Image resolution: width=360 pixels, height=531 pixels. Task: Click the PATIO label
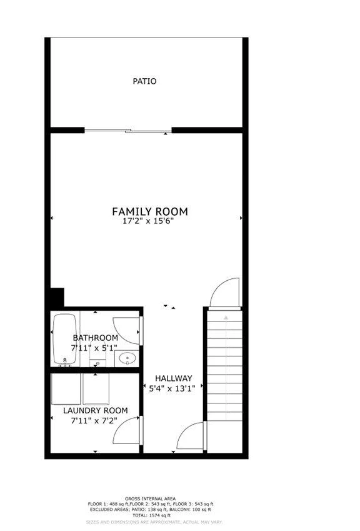(x=144, y=81)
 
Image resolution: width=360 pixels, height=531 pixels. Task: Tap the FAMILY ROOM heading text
(x=150, y=211)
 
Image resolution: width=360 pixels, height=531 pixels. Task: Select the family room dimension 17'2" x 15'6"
(x=150, y=222)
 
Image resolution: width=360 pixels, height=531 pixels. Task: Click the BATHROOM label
(x=96, y=338)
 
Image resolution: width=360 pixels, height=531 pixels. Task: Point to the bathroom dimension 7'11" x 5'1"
(x=94, y=348)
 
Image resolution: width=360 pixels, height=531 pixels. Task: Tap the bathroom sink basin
(x=127, y=358)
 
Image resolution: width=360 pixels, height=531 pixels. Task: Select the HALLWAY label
(x=174, y=378)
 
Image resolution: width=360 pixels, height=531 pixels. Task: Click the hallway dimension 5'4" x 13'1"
(x=172, y=388)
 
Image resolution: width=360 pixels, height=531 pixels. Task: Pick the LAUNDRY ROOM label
(x=96, y=410)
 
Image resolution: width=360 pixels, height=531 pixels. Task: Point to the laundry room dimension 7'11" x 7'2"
(x=94, y=421)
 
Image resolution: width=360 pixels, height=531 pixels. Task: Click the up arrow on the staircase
(x=226, y=317)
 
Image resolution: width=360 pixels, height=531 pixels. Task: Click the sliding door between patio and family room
(x=128, y=130)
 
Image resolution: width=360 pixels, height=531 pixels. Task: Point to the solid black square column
(x=57, y=297)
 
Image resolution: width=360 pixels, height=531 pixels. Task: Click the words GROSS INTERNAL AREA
(x=150, y=498)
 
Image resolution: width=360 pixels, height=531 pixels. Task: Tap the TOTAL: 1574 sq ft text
(x=151, y=515)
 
